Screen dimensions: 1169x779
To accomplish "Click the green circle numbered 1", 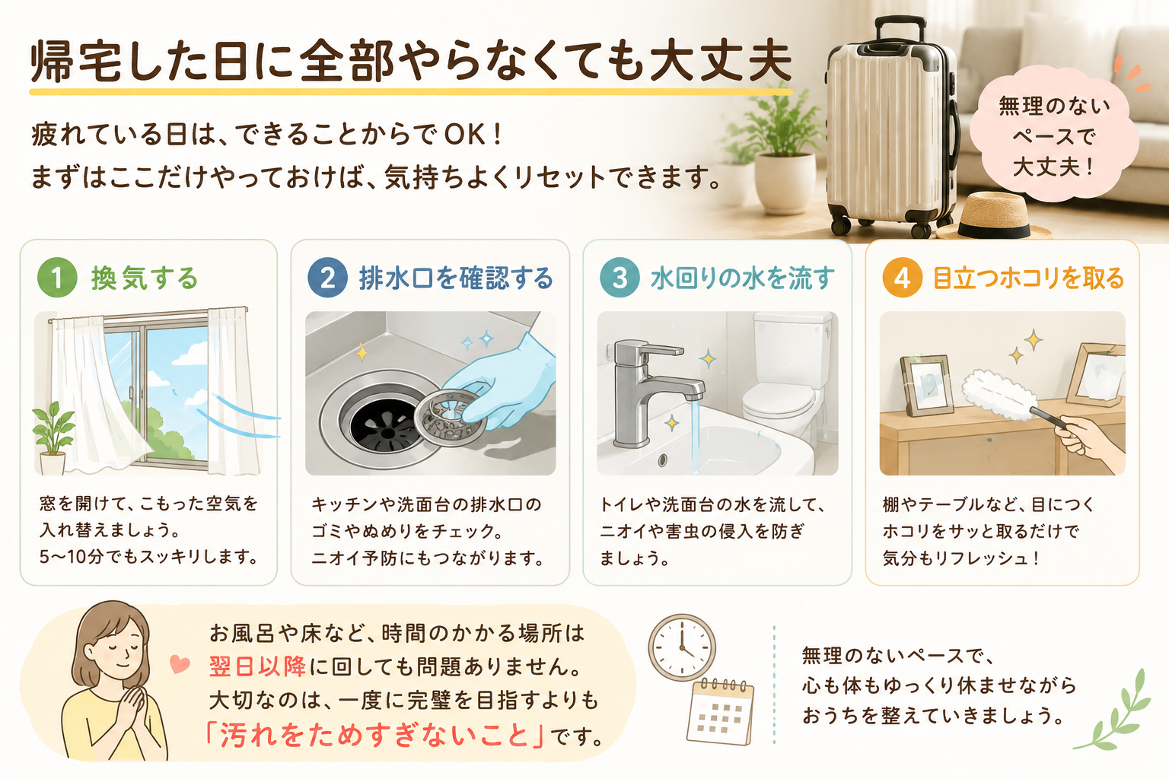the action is coord(57,278).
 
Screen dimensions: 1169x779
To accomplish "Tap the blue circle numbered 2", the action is coord(327,278).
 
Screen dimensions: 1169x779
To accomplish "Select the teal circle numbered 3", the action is coord(620,278).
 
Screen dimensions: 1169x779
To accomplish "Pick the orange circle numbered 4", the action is coord(902,278).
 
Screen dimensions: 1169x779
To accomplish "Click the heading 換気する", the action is coord(145,278).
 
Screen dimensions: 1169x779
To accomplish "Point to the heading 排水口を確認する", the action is coord(456,278).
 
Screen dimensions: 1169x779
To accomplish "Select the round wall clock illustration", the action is coord(682,647).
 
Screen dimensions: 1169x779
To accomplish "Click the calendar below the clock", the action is coord(720,712).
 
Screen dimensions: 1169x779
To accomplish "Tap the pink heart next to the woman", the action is coord(180,664).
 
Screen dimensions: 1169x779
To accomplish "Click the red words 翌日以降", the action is coord(257,667).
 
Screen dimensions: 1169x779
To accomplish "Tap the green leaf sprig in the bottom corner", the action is coord(1116,712).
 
